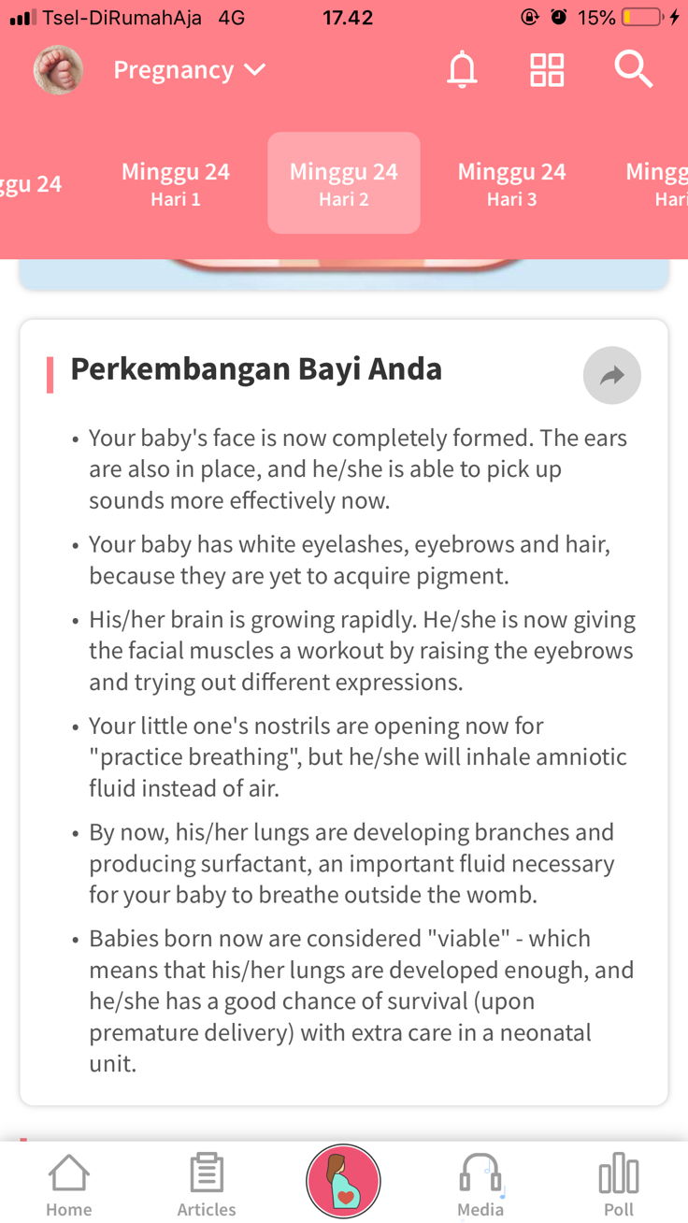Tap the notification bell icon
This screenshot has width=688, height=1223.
pos(462,70)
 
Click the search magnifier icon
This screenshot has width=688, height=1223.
pos(633,70)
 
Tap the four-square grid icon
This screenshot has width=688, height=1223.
pos(547,70)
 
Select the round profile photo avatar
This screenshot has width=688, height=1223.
pos(58,70)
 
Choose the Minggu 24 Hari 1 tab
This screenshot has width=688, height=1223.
pos(176,183)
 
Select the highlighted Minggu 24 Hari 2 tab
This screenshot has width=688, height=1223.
pos(344,183)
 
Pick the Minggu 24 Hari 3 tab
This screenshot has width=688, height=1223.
pos(511,183)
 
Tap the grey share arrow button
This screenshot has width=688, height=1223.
pos(611,376)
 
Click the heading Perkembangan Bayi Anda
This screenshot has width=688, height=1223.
pos(256,369)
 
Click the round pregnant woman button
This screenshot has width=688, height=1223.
pos(343,1182)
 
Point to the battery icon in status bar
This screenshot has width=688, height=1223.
pos(642,18)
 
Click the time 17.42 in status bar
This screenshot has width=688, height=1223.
pos(348,18)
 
